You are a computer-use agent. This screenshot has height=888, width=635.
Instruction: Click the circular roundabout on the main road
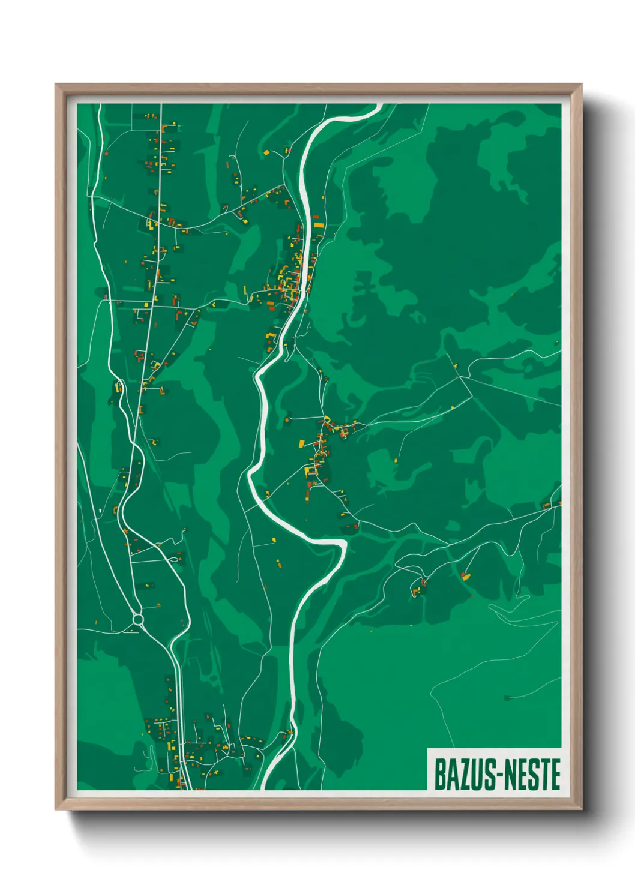[138, 619]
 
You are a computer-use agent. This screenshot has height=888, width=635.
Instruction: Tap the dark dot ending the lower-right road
[506, 698]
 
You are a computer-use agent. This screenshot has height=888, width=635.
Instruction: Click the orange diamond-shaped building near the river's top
[265, 153]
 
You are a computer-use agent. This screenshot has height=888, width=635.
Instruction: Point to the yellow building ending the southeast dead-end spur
[465, 577]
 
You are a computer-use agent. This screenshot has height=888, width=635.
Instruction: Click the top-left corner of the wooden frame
[56, 85]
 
